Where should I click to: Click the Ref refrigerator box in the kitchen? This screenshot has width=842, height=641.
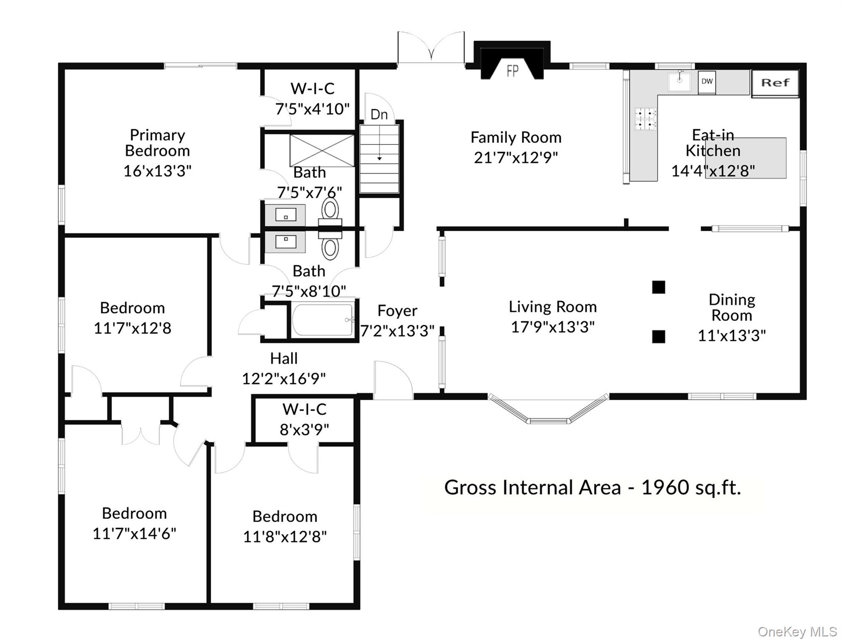point(775,83)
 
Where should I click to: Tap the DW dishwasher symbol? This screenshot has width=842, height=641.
point(707,82)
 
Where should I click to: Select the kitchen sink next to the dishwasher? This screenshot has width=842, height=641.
point(679,81)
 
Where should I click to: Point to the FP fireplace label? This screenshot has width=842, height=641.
point(512,71)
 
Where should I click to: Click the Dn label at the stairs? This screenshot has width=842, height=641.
point(379,114)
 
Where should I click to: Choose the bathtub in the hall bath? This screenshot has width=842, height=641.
point(322,320)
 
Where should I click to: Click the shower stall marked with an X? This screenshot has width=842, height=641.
point(322,150)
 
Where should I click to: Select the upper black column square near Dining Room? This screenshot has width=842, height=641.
point(658,287)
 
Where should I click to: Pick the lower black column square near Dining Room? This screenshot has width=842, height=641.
point(658,336)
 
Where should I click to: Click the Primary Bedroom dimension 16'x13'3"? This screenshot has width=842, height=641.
point(157,171)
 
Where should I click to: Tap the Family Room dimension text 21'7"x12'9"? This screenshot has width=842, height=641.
point(516,157)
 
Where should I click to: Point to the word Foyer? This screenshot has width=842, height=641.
point(397,311)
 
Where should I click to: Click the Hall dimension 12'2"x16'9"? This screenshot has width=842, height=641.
point(284,379)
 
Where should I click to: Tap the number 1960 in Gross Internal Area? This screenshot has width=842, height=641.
point(665,487)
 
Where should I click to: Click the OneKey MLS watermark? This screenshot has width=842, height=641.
point(797,631)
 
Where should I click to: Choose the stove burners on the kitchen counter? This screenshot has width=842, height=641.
point(645,119)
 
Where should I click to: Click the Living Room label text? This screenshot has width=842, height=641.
point(552,307)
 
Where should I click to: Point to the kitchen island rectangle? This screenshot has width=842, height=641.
point(746,158)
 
